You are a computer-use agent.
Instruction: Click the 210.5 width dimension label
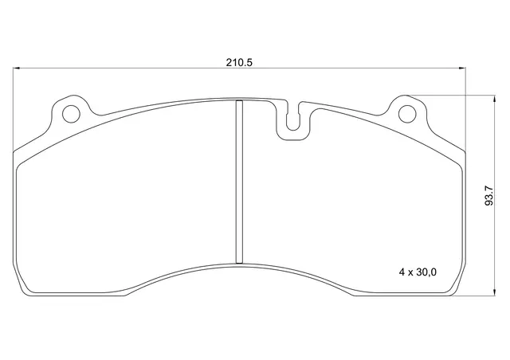pos(239,62)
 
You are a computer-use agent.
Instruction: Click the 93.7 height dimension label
pos(488,196)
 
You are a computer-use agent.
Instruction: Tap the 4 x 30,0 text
pos(418,272)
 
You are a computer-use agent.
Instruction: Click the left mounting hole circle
pos(71,114)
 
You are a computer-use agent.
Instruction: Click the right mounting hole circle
pos(407,114)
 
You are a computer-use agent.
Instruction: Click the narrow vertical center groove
pos(239,182)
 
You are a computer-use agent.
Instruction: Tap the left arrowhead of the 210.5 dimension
pos(17,68)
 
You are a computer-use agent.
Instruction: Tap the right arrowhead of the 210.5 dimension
pos(462,68)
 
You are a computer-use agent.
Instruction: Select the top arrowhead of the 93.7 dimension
pos(495,99)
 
